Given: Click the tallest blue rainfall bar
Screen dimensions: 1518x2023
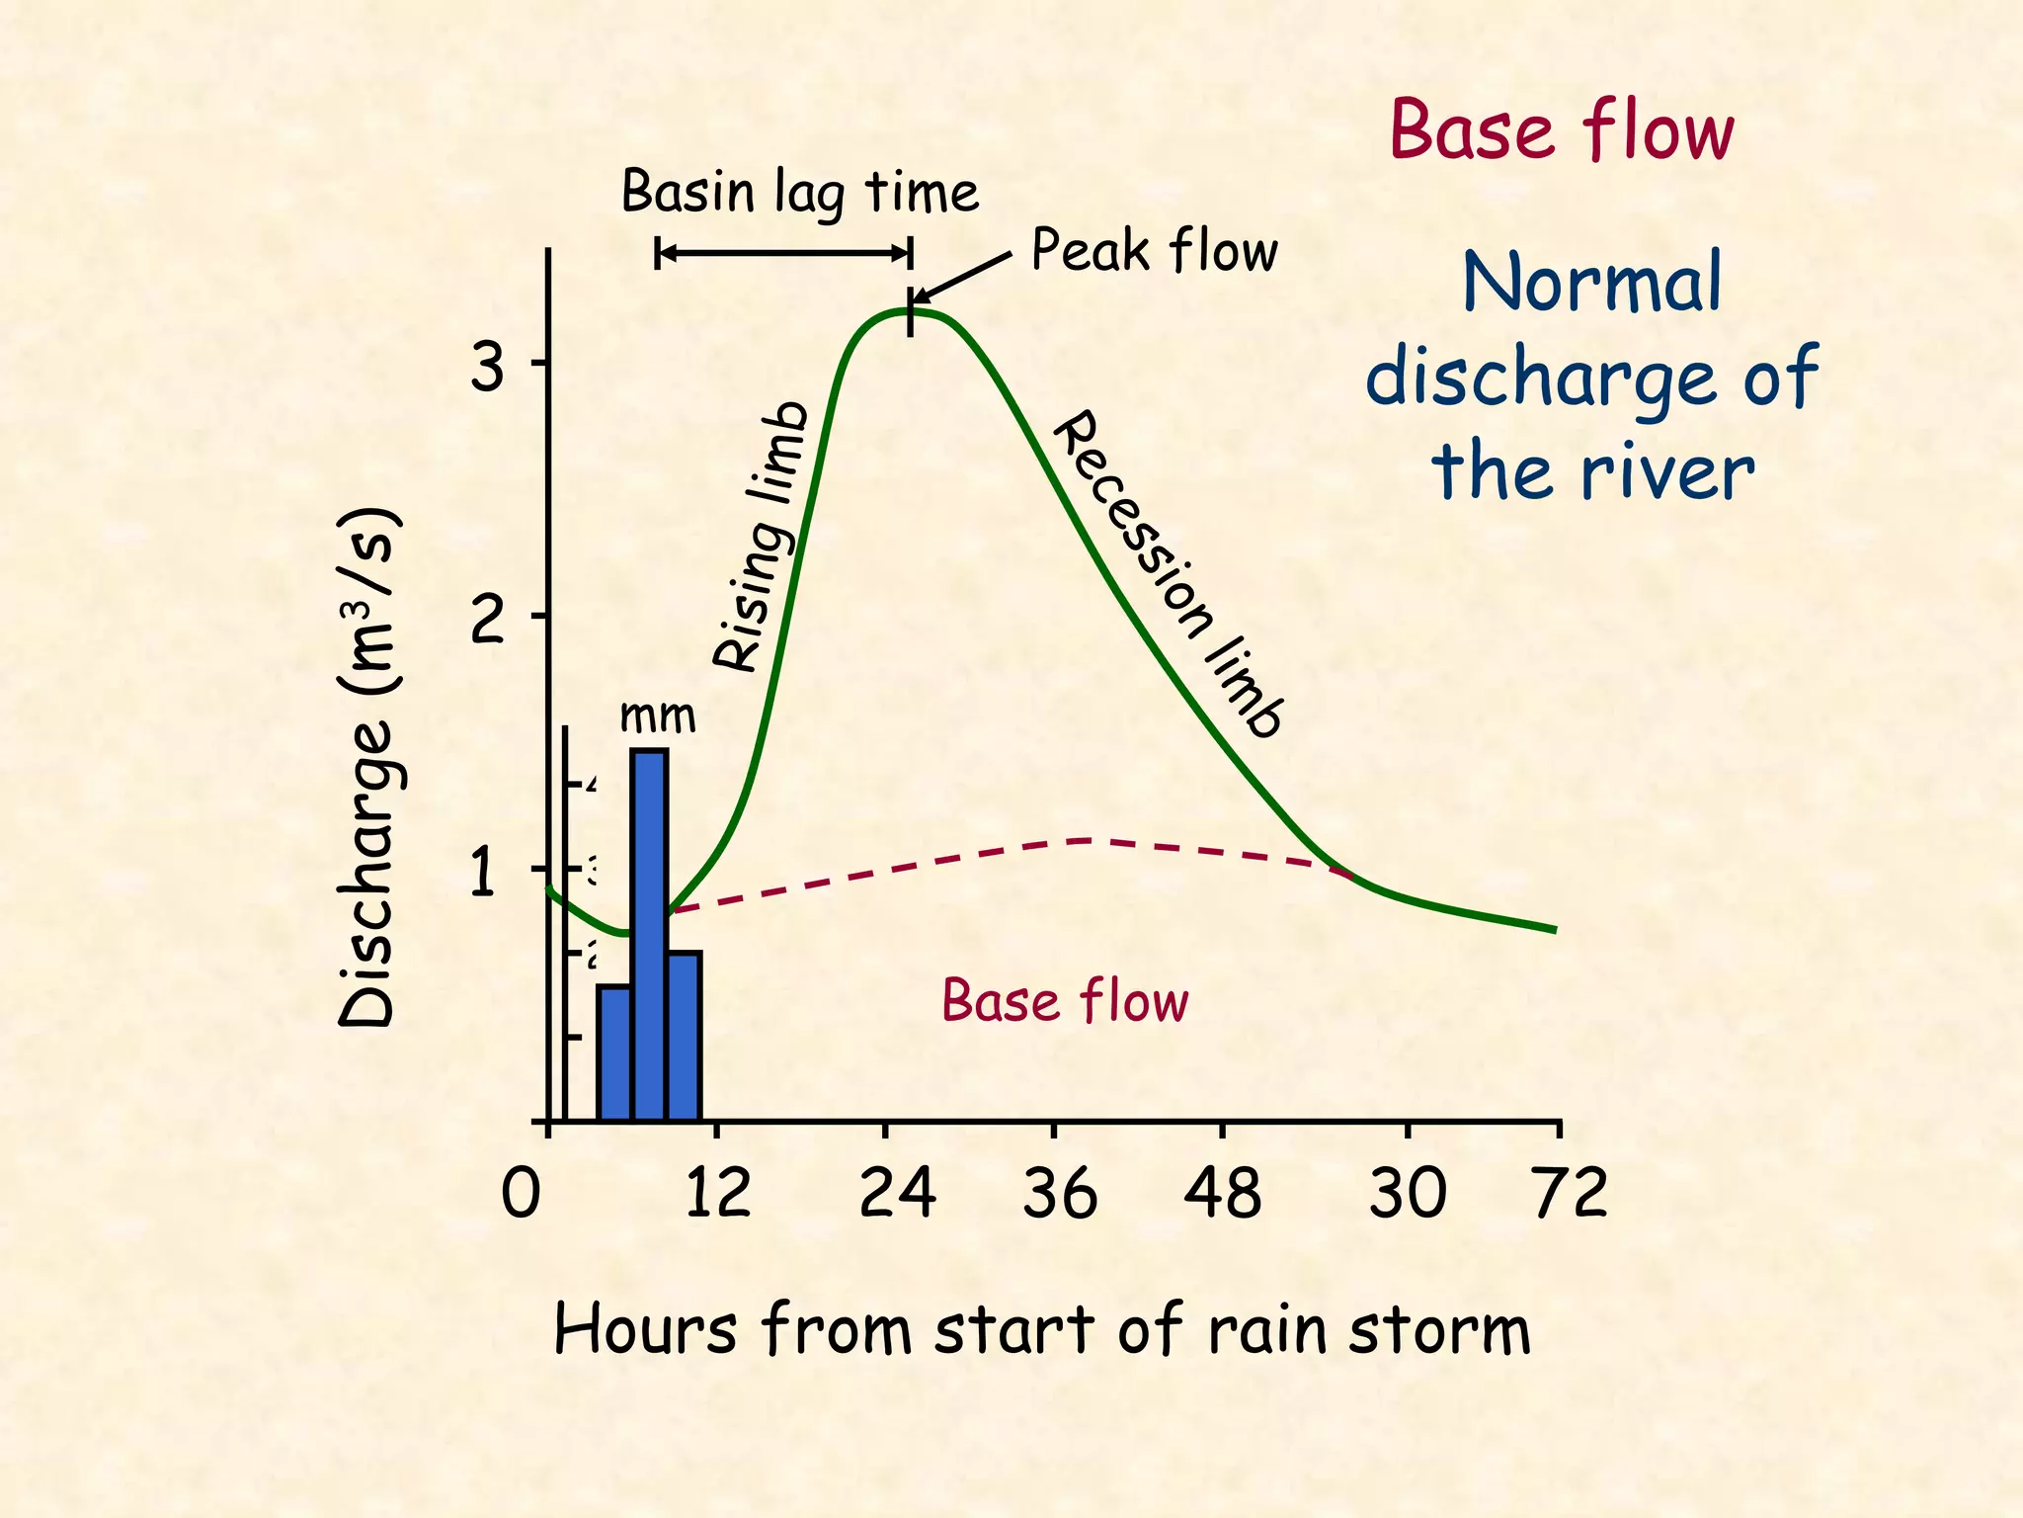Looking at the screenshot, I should [649, 933].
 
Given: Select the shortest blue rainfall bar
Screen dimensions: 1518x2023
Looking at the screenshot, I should [614, 1052].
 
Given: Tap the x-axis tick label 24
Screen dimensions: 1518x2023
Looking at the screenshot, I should [897, 1194].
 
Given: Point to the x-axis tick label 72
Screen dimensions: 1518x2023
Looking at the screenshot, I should [1571, 1194].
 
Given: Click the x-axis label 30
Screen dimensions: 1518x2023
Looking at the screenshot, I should [1408, 1194].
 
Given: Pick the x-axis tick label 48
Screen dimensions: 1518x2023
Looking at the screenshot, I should [1223, 1194].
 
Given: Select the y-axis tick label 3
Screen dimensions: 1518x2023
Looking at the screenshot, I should [486, 369].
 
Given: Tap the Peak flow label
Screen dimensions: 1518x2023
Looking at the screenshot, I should [1154, 250].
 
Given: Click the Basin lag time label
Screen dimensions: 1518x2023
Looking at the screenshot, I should [800, 192].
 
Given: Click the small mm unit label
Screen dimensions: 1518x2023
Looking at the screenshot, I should [658, 716].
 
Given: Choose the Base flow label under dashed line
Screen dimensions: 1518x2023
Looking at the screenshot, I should [1065, 1000].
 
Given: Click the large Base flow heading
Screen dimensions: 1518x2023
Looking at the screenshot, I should [1562, 130].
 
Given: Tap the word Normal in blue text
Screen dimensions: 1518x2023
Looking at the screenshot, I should [1592, 283].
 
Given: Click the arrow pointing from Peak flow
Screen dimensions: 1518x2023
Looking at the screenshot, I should [960, 277].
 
